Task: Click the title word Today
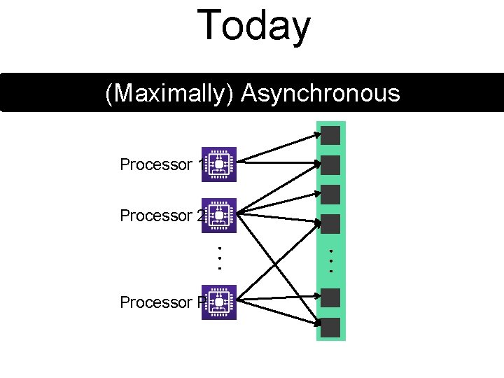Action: tap(253, 26)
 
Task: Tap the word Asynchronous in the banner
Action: tap(320, 92)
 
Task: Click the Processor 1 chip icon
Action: tap(219, 164)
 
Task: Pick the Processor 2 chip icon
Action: tap(219, 216)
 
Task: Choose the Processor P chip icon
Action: tap(219, 302)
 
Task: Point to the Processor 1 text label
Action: tap(160, 165)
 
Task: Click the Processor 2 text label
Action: tap(160, 216)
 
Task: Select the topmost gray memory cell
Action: tap(331, 135)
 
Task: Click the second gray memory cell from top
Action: tap(331, 165)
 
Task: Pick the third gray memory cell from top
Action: tap(331, 194)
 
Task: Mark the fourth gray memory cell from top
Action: tap(331, 223)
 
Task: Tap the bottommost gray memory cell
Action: tap(331, 327)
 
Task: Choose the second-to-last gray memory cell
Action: tap(331, 297)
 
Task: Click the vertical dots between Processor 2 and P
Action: tap(219, 258)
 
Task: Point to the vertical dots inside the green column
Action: tap(331, 259)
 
